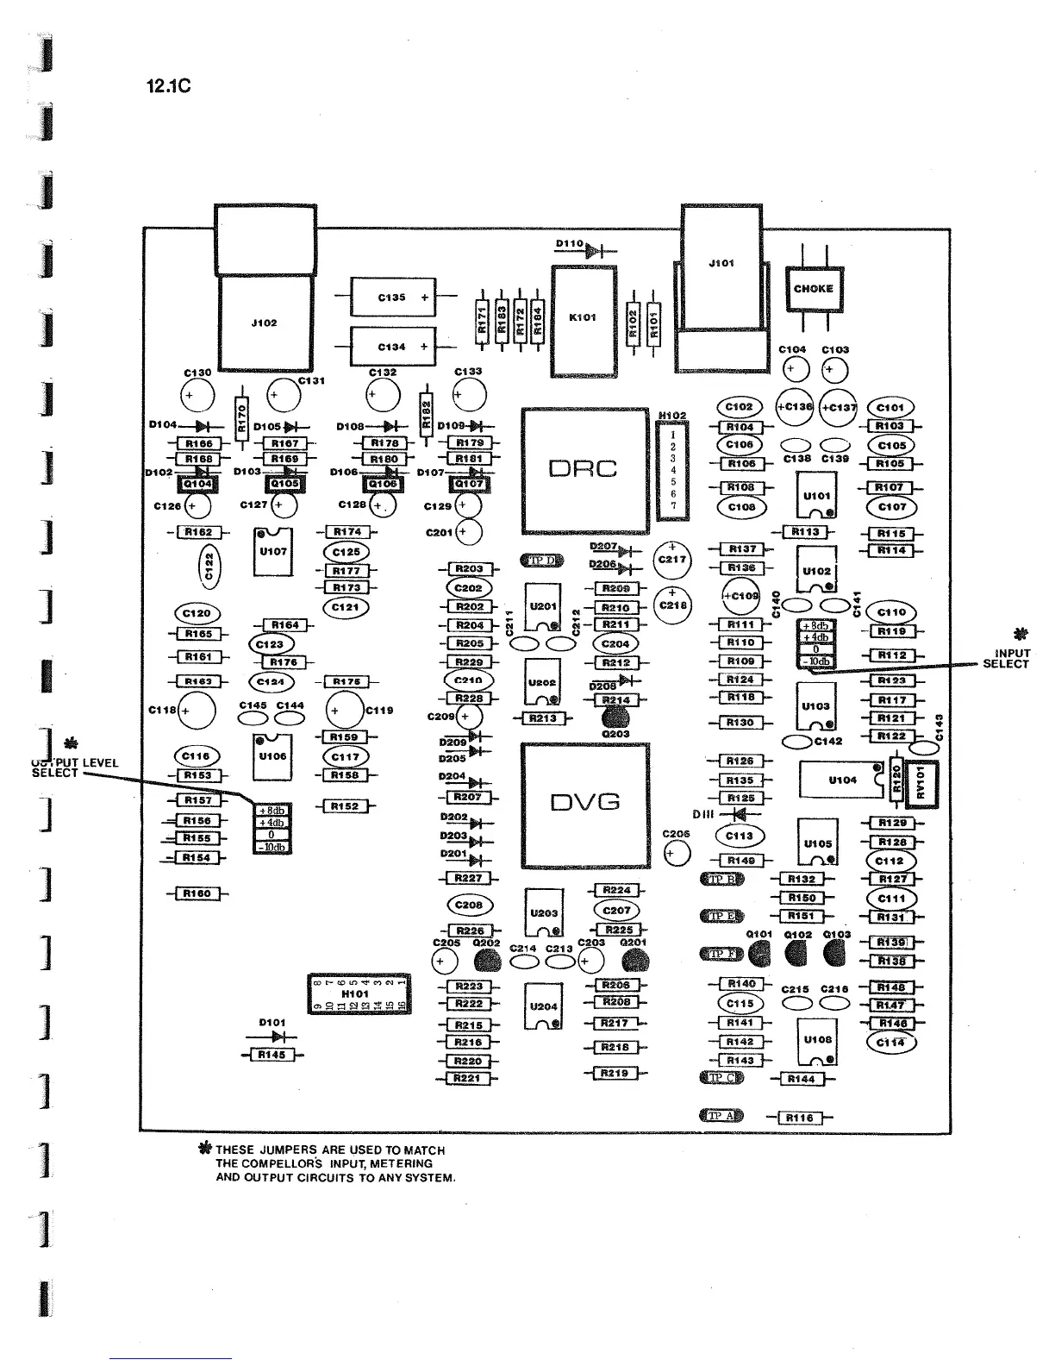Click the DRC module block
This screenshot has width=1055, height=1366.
584,470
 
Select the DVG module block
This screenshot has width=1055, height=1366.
584,804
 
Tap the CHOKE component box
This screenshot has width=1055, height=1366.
814,289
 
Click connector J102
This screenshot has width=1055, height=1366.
265,323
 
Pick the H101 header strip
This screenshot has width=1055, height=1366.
359,993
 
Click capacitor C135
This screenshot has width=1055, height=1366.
392,298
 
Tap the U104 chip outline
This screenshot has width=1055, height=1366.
840,780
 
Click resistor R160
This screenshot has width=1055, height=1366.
197,893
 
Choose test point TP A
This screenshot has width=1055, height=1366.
721,1116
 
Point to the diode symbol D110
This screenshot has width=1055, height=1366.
592,251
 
